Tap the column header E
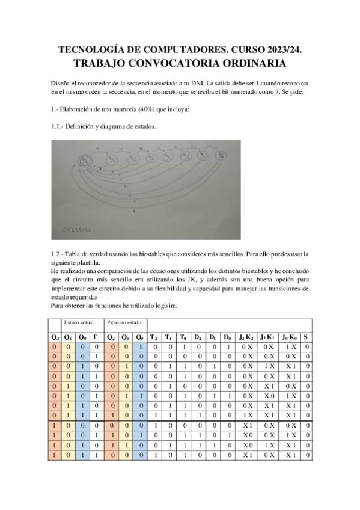(x=96, y=337)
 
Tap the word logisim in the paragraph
(x=165, y=306)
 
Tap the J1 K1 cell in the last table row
(x=267, y=456)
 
